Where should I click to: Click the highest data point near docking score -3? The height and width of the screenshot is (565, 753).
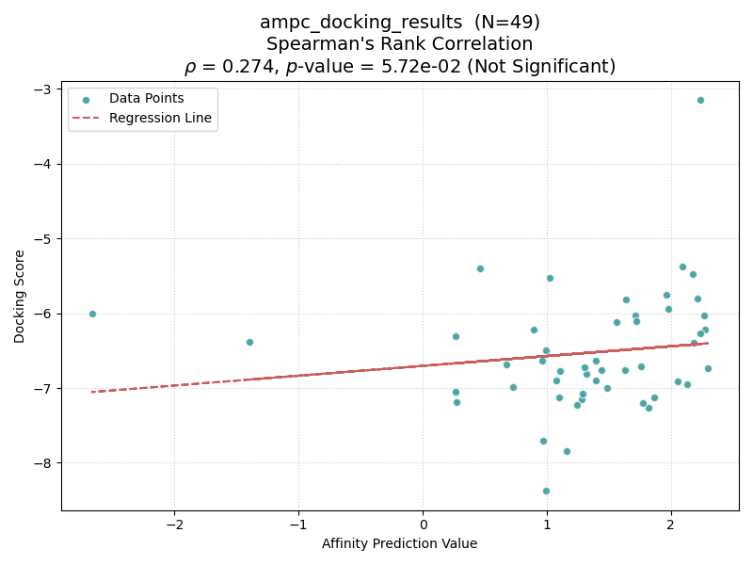[700, 101]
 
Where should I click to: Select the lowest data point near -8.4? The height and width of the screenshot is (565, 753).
[546, 491]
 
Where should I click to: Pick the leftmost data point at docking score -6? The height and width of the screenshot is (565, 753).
[92, 314]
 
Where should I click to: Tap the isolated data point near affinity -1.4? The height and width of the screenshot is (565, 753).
[249, 342]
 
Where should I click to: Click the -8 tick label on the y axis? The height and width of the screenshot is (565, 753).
[44, 463]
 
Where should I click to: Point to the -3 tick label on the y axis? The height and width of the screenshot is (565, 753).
[44, 89]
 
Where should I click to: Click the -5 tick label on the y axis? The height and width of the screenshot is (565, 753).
[44, 239]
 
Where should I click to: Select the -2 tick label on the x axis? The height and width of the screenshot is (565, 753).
[175, 525]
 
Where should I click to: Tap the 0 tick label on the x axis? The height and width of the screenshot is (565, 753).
[423, 525]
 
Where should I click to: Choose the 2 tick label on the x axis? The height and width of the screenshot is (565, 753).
[671, 525]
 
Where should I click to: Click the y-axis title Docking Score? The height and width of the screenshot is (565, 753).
[19, 297]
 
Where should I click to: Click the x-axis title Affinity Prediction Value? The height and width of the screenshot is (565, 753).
[399, 543]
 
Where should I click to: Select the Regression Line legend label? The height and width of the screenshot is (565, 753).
[160, 118]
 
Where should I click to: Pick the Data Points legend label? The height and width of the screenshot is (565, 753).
[147, 98]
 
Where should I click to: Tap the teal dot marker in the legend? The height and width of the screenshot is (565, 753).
[86, 101]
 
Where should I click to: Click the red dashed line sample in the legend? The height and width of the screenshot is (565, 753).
[86, 119]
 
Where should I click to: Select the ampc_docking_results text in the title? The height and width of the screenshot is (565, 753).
[361, 23]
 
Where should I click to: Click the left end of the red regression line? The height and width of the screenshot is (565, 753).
[91, 392]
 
